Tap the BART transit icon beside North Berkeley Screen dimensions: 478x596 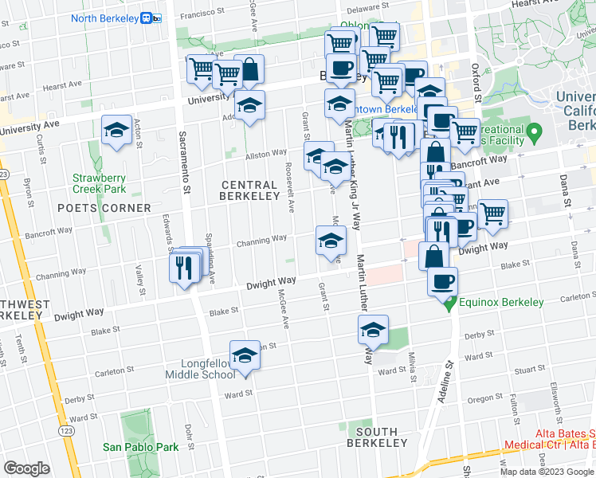click(147, 18)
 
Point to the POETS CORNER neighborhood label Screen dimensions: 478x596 click(104, 208)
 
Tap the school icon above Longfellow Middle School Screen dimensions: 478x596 click(245, 355)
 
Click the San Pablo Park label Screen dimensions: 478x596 click(140, 447)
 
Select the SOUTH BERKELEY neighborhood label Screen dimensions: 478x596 click(377, 442)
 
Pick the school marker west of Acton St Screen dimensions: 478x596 click(117, 131)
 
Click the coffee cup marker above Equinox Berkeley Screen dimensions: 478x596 click(443, 280)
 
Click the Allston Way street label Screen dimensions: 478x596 click(265, 153)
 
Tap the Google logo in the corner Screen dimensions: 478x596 click(26, 468)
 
